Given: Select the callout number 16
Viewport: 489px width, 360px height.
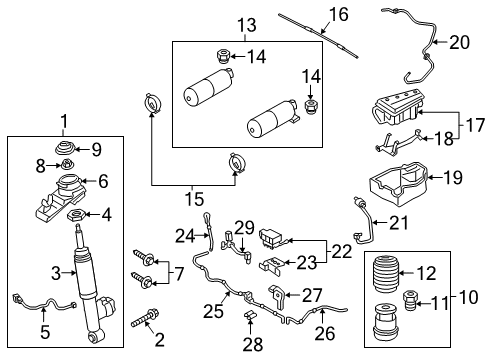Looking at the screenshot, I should click(339, 14).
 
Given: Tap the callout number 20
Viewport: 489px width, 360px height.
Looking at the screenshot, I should click(458, 42).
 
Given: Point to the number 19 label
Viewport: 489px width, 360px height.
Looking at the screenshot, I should click(453, 179).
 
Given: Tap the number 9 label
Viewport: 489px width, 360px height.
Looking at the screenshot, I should click(96, 150).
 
